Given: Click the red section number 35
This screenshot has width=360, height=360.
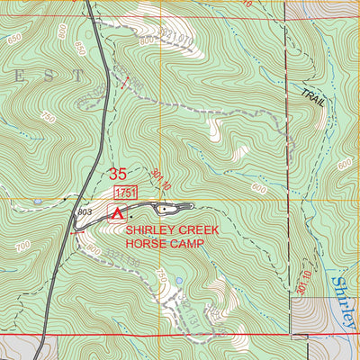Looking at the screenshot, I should coord(118,175).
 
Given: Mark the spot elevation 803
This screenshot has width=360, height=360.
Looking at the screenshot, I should coord(85,211).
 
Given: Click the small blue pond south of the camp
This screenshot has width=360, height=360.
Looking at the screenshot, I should coord(178,281).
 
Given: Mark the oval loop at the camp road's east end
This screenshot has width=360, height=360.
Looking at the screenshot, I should coord(167,209).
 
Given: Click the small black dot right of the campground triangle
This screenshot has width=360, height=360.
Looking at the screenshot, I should coord(131,216).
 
